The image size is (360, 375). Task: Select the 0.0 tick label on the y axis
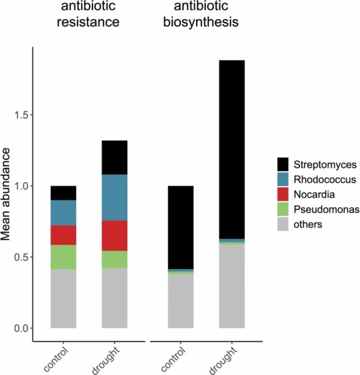21,328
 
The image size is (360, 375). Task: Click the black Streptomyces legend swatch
284,164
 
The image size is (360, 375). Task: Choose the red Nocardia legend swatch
284,195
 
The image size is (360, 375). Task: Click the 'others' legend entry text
312,224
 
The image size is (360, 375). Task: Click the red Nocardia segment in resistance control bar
63,235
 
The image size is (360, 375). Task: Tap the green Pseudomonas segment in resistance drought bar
114,260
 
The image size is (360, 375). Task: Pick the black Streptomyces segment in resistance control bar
63,193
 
